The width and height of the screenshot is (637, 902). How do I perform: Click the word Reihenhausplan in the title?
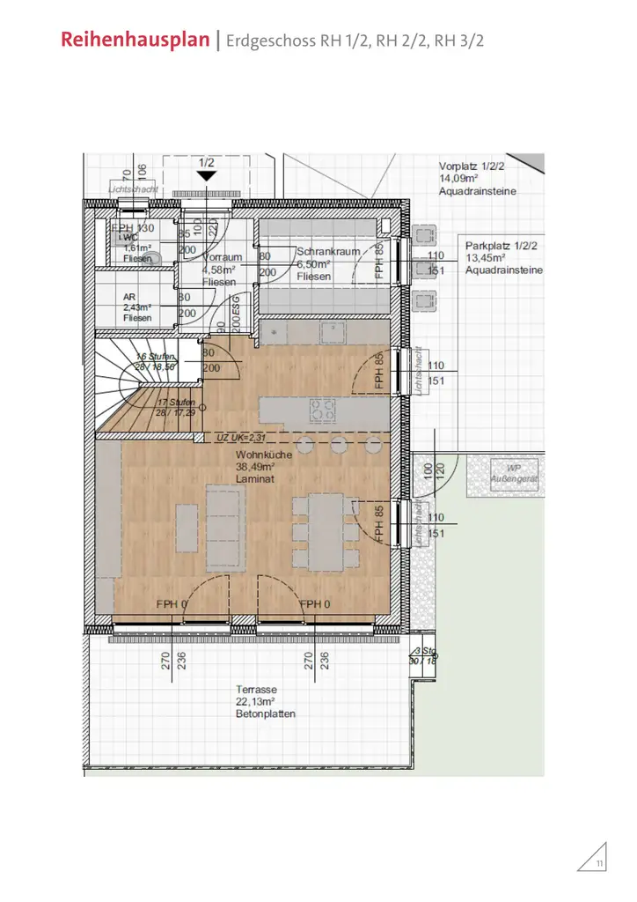pyautogui.click(x=135, y=41)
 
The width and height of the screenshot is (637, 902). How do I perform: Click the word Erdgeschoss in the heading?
pyautogui.click(x=268, y=41)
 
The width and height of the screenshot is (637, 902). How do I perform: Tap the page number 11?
pyautogui.click(x=599, y=862)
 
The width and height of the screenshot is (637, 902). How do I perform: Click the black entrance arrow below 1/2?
pyautogui.click(x=206, y=175)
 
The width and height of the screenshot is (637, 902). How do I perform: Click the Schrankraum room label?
pyautogui.click(x=327, y=252)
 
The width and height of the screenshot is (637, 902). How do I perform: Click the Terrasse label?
pyautogui.click(x=257, y=689)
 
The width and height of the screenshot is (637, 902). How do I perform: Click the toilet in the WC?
pyautogui.click(x=154, y=257)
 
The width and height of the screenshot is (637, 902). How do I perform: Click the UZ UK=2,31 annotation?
pyautogui.click(x=241, y=437)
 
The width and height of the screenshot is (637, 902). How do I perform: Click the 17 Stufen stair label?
pyautogui.click(x=177, y=403)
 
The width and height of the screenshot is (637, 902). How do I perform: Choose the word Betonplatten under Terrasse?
pyautogui.click(x=266, y=713)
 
